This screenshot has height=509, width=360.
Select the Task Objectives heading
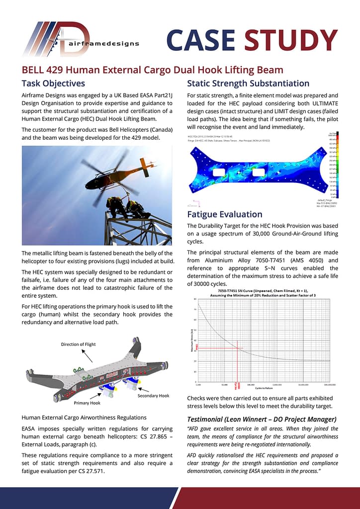pyautogui.click(x=53, y=83)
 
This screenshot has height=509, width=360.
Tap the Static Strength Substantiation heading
pyautogui.click(x=248, y=83)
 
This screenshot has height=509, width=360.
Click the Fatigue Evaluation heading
pyautogui.click(x=224, y=214)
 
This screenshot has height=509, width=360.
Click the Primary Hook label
pyautogui.click(x=88, y=403)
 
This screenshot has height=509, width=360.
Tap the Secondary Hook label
pyautogui.click(x=153, y=396)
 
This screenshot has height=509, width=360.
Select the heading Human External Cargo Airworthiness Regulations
pyautogui.click(x=84, y=417)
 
